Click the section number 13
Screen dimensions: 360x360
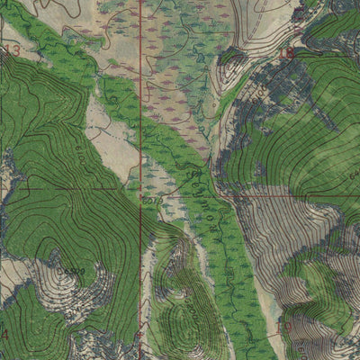(11, 51)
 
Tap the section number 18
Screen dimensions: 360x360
(287, 54)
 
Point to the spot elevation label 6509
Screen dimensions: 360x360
(72, 270)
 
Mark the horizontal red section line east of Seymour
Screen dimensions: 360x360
(288, 193)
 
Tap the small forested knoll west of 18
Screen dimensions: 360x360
(232, 56)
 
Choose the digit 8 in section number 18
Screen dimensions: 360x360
(292, 54)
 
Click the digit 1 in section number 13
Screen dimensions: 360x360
(7, 51)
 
